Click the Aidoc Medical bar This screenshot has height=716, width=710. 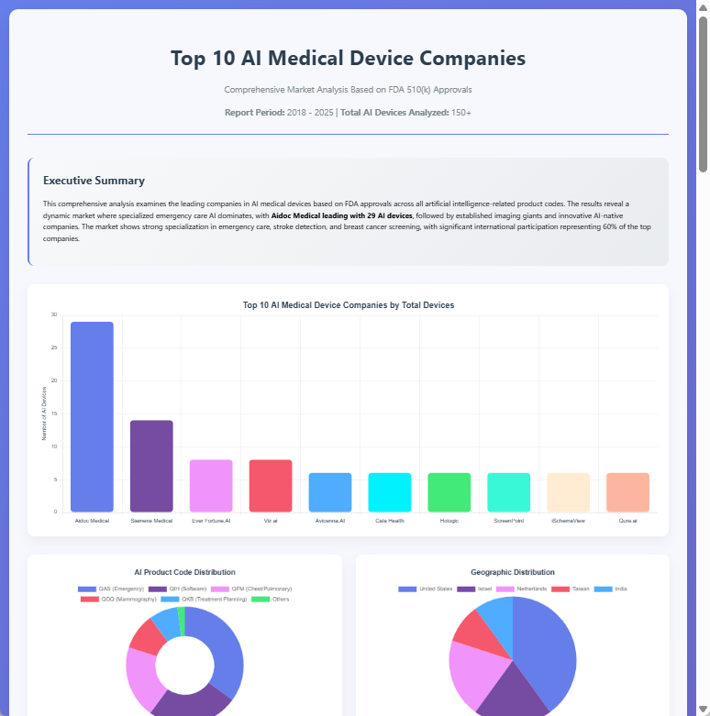click(92, 416)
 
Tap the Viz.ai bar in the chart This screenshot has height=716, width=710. click(271, 485)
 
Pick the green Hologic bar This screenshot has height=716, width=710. click(449, 492)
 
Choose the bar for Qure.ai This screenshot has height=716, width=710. click(627, 492)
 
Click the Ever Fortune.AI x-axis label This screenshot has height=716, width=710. click(211, 521)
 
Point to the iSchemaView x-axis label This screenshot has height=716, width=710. click(568, 521)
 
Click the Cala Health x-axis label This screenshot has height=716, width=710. click(389, 521)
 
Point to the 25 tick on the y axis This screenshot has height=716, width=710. click(54, 347)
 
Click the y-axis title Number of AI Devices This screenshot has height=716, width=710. click(44, 413)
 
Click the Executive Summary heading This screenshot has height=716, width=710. click(94, 181)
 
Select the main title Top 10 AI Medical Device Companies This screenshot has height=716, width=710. click(348, 58)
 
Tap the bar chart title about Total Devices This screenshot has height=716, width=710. click(348, 304)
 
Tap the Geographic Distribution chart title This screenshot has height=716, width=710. click(512, 572)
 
